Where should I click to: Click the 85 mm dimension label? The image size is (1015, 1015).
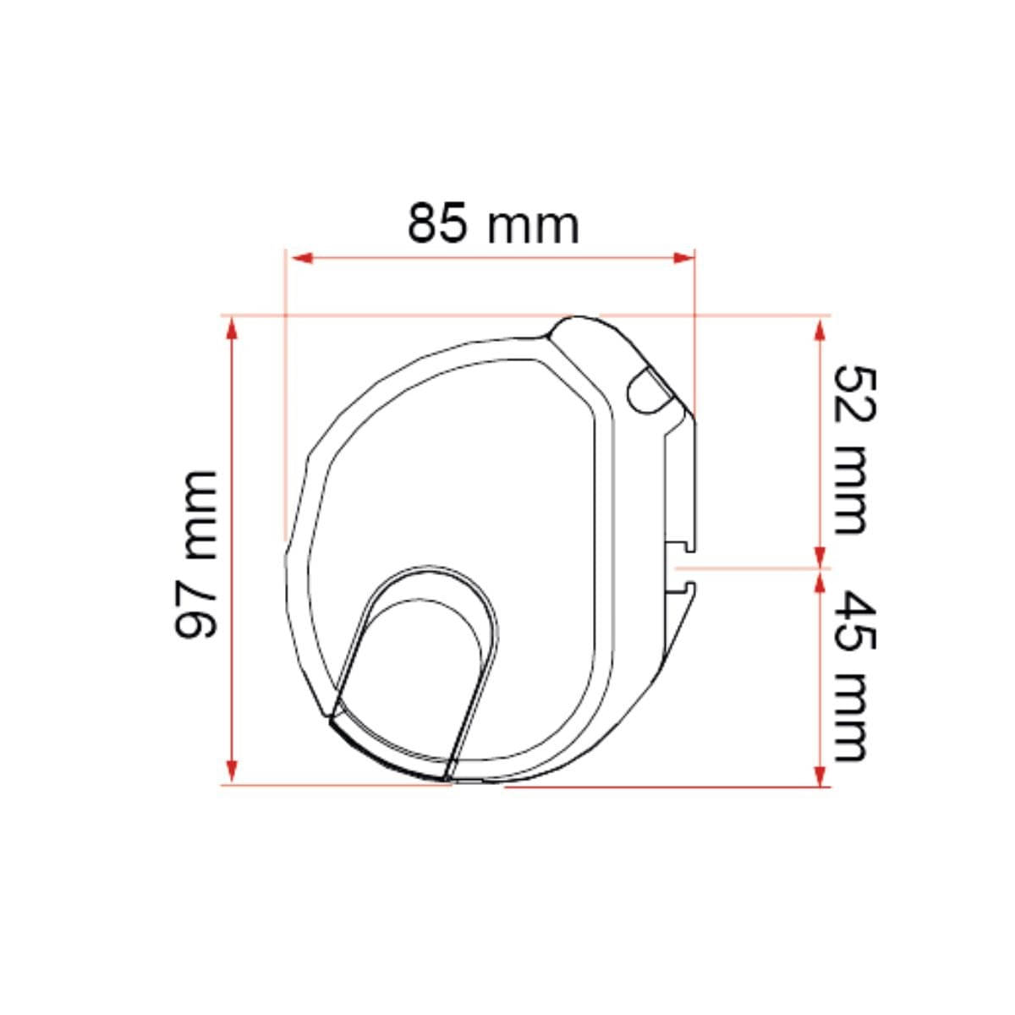click(x=493, y=222)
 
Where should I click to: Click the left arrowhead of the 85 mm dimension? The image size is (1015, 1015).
click(x=302, y=258)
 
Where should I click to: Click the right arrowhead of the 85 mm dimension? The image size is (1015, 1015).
click(x=684, y=258)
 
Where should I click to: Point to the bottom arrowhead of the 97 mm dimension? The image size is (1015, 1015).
click(x=231, y=771)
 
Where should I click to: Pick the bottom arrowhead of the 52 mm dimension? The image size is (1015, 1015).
click(x=819, y=557)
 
